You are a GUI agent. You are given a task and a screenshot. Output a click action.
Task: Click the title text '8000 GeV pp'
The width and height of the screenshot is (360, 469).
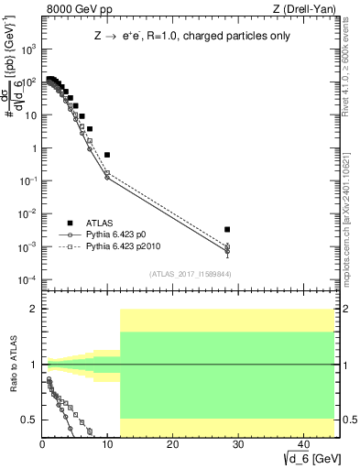click(x=73, y=9)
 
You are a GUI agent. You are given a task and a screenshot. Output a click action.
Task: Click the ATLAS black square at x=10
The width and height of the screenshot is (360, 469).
click(x=107, y=155)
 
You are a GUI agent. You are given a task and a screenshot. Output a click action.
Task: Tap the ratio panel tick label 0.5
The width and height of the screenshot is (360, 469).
click(x=29, y=420)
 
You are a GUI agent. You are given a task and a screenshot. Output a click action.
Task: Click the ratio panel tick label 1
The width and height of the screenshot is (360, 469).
click(x=34, y=365)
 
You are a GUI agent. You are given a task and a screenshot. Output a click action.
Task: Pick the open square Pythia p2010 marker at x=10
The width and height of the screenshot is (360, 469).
click(x=107, y=172)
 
